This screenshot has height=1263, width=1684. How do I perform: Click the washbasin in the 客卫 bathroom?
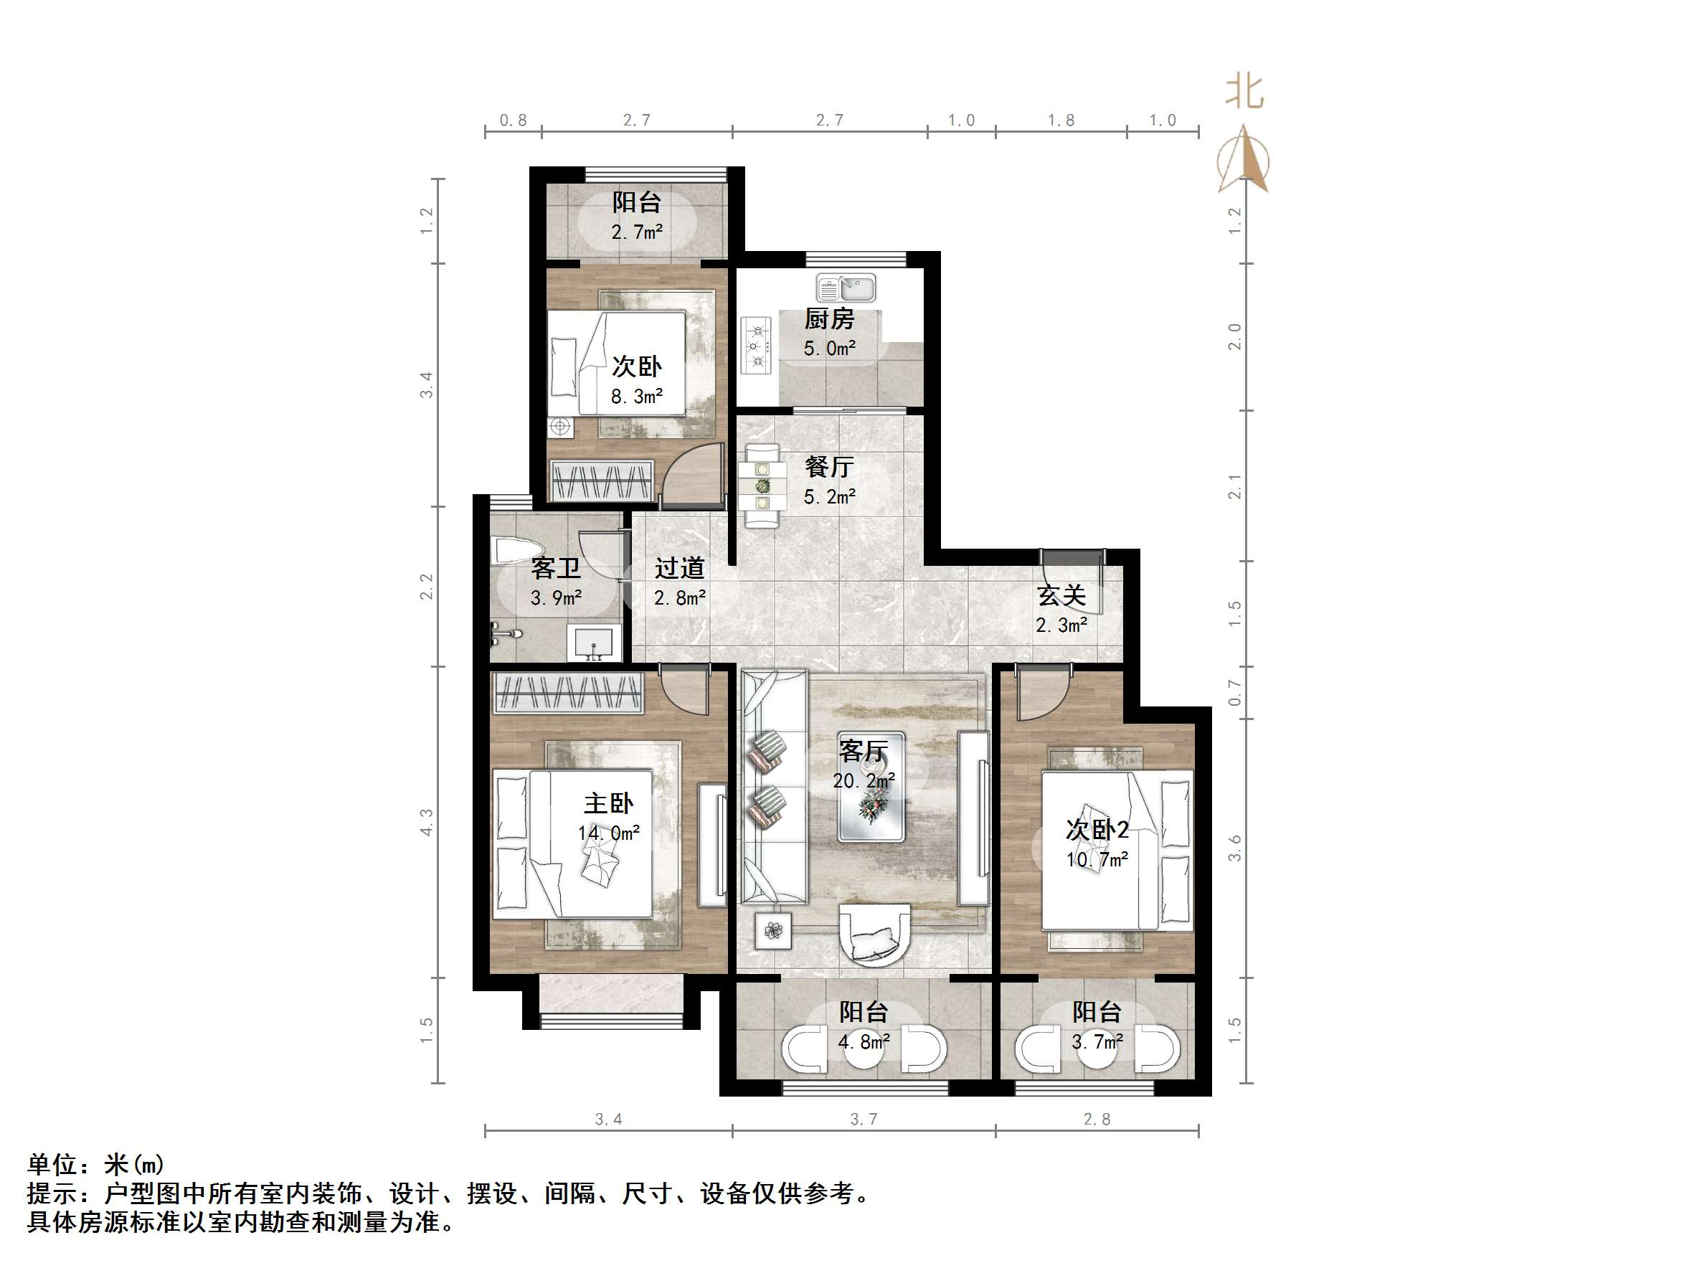[x=594, y=643]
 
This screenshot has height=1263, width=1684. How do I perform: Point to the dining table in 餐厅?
[x=762, y=485]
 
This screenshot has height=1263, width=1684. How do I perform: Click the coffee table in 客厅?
[x=871, y=787]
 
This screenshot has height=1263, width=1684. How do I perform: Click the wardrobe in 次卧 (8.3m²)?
[x=602, y=480]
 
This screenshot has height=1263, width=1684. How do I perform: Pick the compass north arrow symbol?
[x=1243, y=160]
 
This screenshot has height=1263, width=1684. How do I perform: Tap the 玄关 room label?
[x=1061, y=595]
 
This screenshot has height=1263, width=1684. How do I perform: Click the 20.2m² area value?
[x=864, y=781]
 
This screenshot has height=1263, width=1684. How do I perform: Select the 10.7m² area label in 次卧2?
[x=1097, y=860]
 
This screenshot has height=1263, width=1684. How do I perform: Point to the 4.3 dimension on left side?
[x=426, y=822]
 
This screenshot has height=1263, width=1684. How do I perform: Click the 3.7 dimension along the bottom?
[x=864, y=1119]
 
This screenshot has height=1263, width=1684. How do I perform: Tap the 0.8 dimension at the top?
[x=513, y=120]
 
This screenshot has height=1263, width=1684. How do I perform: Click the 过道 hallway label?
[x=679, y=568]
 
